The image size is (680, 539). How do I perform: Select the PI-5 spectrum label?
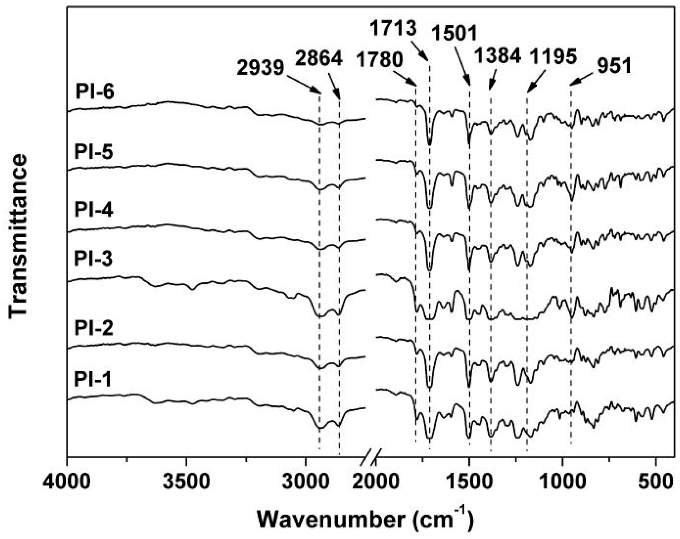click(94, 152)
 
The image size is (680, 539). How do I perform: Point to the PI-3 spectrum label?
click(94, 259)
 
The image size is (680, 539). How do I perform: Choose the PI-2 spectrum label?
click(94, 329)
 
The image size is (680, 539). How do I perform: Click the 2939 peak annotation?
click(260, 69)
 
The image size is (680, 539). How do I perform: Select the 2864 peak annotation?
click(318, 58)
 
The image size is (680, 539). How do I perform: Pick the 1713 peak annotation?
click(394, 29)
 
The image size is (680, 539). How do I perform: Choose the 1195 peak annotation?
click(553, 56)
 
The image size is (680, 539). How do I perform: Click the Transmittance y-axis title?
click(19, 236)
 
